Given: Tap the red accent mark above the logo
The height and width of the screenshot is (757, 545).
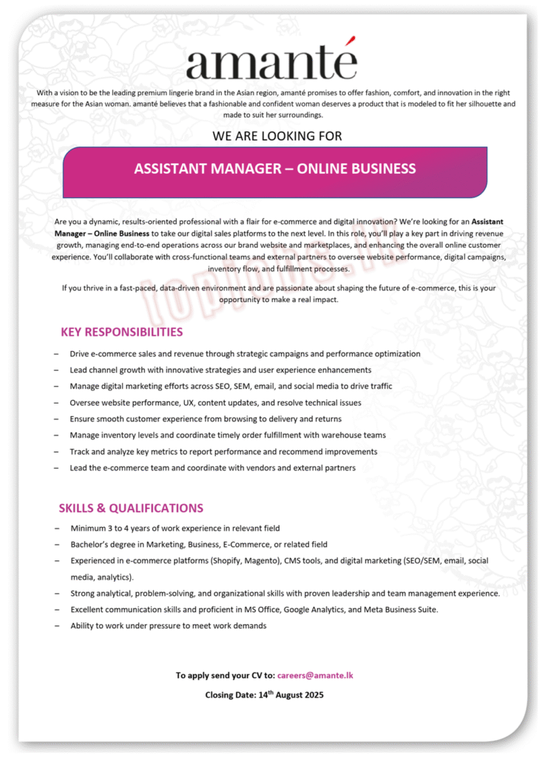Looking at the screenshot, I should point(353,41).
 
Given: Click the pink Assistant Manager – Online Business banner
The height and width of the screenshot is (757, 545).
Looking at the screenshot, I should point(274,169).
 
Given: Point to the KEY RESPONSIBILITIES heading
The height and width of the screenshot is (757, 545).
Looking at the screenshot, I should point(121,332).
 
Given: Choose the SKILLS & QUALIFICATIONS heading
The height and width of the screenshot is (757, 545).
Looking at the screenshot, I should point(131,508).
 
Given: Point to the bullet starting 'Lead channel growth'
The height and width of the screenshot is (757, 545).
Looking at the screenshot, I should point(220,370).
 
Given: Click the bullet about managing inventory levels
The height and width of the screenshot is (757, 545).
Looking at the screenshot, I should point(228,435).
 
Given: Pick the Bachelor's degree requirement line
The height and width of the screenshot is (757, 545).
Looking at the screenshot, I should point(199,544).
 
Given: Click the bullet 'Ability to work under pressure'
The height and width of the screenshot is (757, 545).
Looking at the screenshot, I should point(168,625).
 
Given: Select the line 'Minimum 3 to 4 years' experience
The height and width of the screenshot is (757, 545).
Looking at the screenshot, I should point(175,528).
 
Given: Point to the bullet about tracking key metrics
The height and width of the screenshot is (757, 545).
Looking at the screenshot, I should point(223,451).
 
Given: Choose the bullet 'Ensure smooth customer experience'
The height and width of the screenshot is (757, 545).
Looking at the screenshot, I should point(206,418).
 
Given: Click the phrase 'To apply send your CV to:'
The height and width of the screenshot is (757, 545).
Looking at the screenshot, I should point(225,675).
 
